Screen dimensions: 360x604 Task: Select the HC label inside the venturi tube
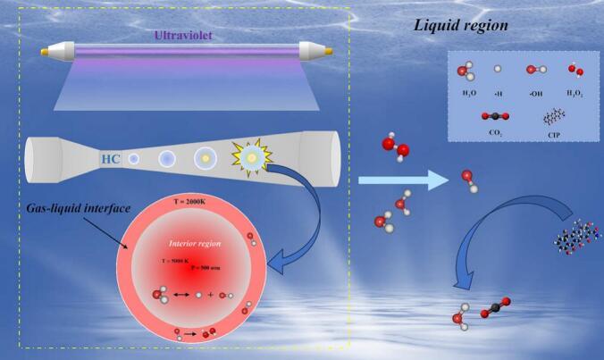pos(111,159)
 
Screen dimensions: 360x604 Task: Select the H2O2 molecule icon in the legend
pos(571,70)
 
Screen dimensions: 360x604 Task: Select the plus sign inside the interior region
pos(211,294)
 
